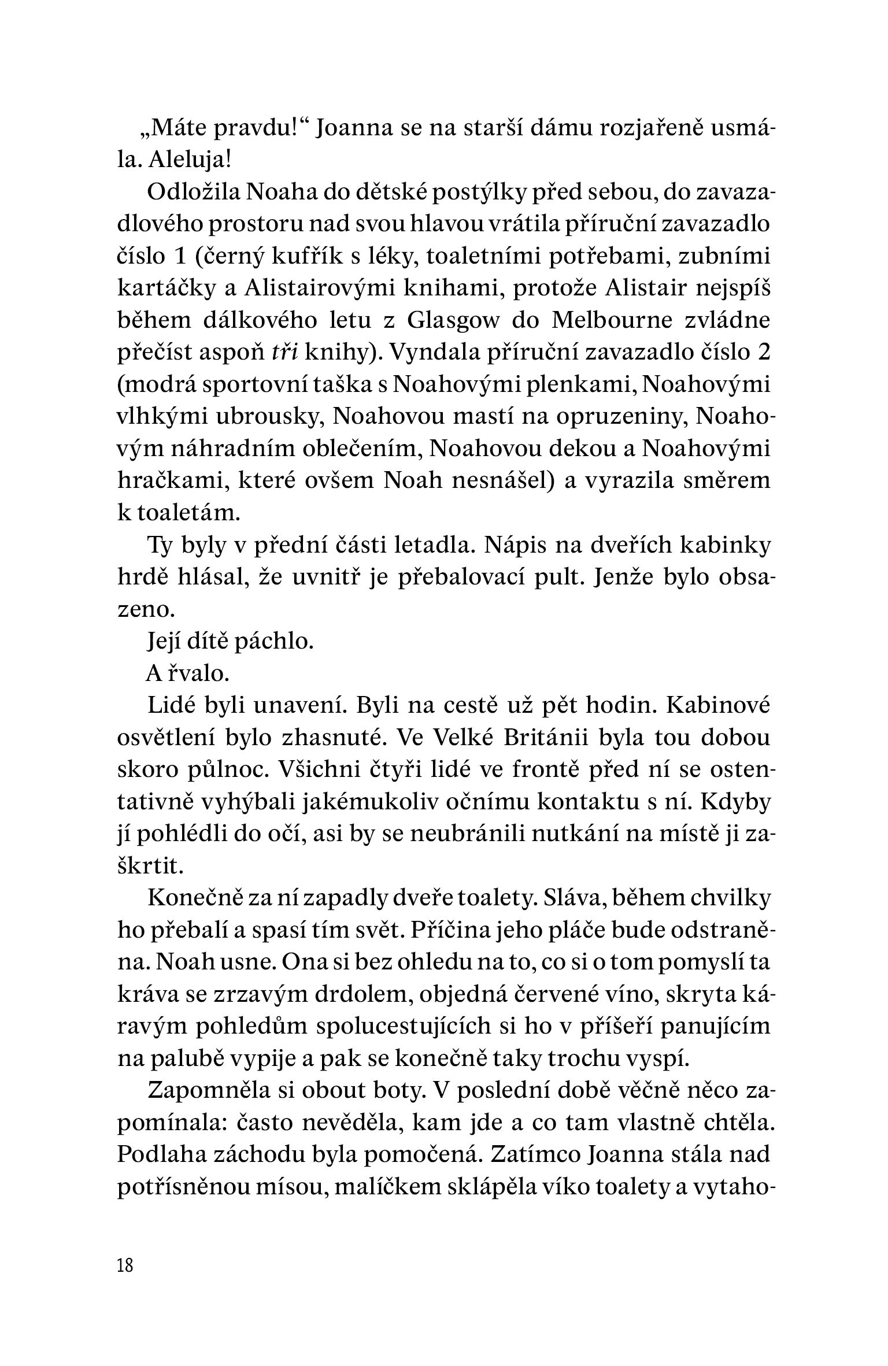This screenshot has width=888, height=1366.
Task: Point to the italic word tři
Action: point(284,353)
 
